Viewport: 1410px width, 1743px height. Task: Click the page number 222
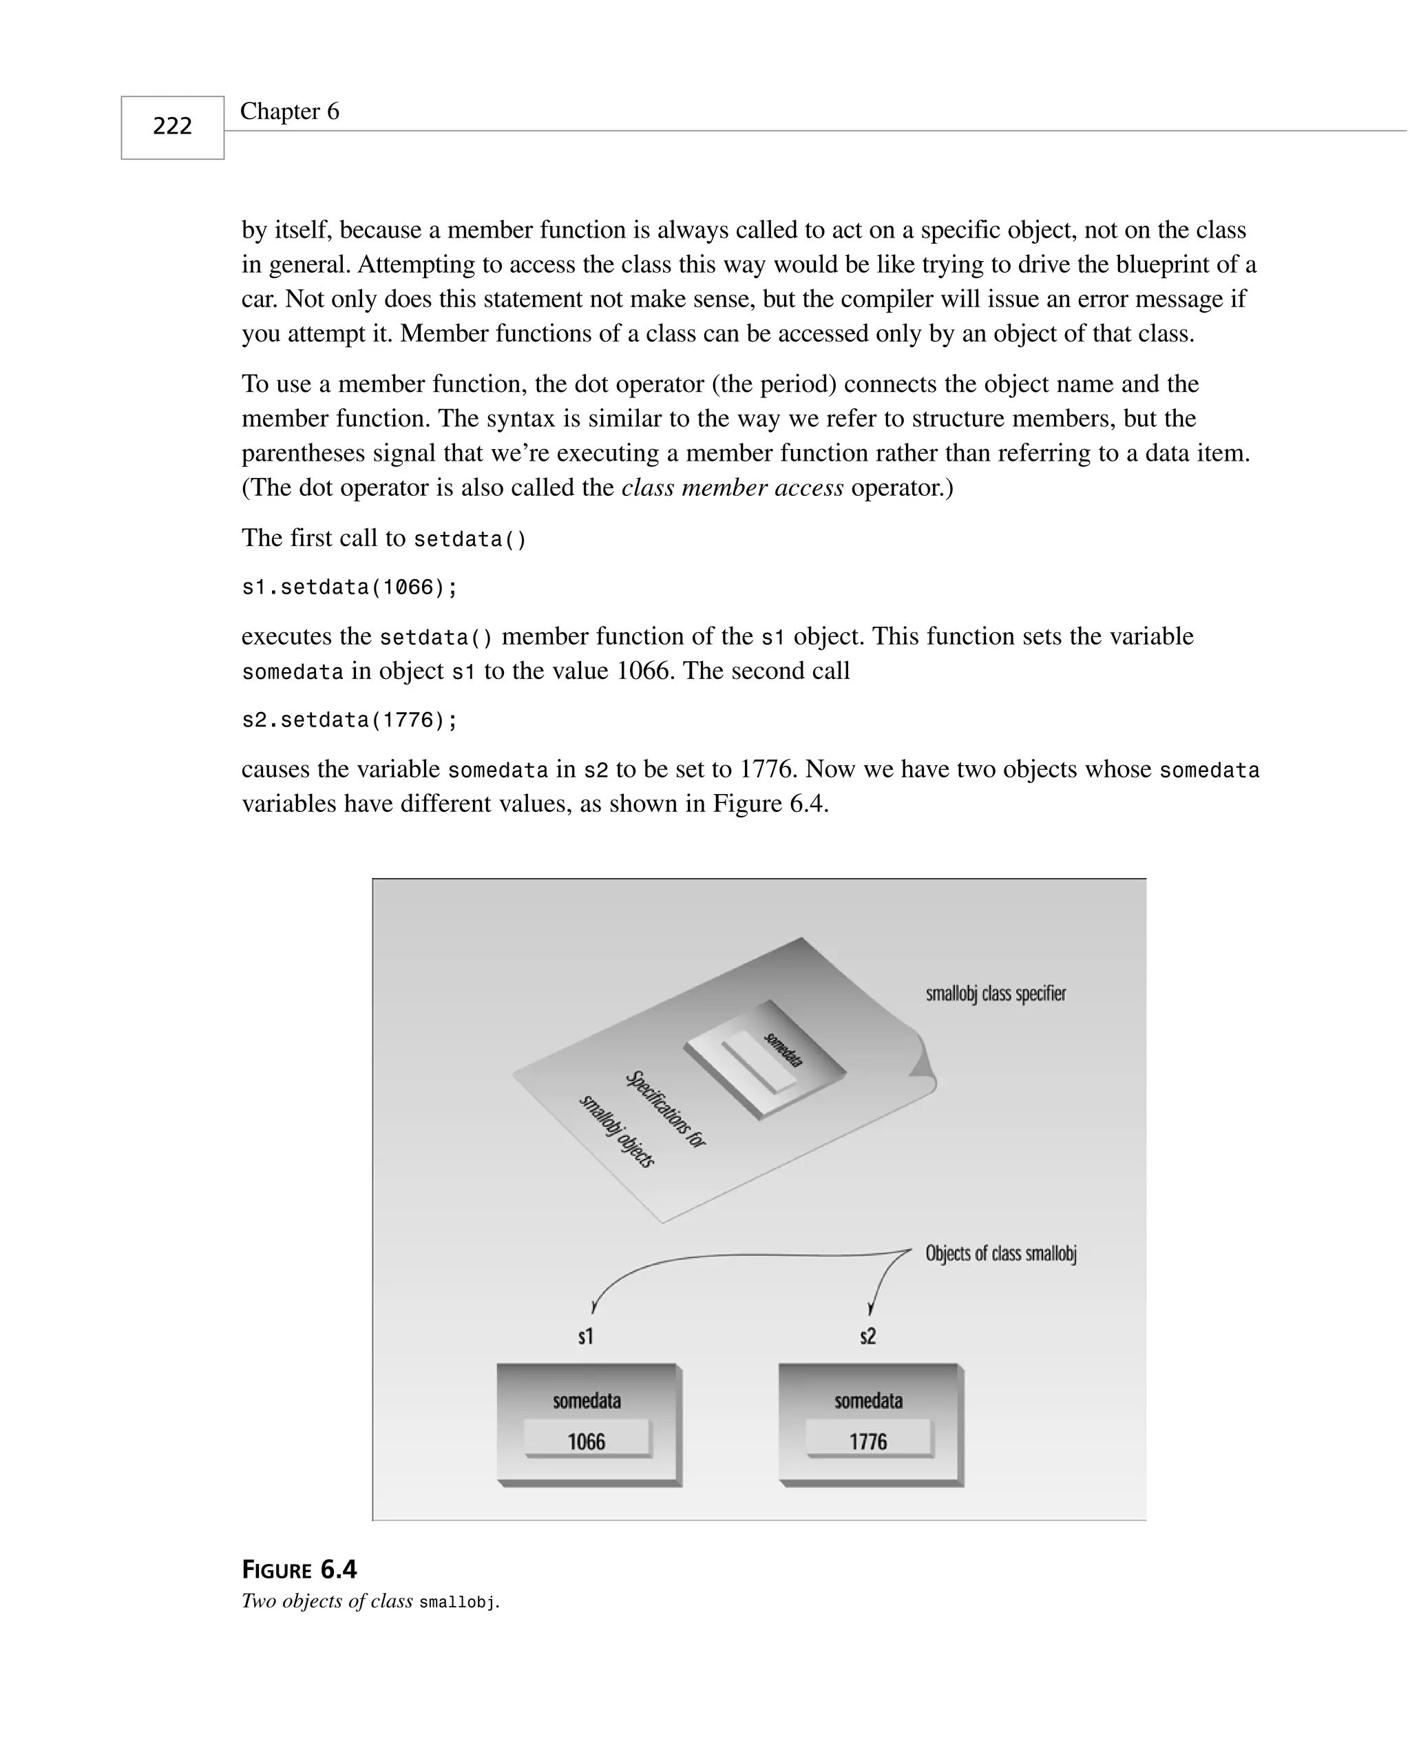pos(172,126)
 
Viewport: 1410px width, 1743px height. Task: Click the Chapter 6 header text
pos(289,112)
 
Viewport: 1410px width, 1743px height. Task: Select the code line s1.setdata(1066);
pos(349,587)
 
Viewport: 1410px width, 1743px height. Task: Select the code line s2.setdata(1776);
pos(349,720)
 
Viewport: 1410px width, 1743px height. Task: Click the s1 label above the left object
pos(586,1336)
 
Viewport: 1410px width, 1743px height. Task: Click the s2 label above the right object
pos(867,1336)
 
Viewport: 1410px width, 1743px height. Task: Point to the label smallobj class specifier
pos(996,993)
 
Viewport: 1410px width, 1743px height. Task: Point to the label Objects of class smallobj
pos(1000,1253)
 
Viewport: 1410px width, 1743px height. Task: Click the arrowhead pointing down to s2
pos(871,1308)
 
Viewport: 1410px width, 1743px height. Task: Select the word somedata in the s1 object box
pos(587,1401)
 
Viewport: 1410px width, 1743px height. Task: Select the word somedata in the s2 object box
pos(868,1401)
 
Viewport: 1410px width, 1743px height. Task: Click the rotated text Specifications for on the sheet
pos(666,1109)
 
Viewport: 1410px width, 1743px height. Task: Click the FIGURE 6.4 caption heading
pos(299,1569)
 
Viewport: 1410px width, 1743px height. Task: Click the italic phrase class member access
pos(732,488)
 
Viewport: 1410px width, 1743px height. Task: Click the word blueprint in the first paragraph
pos(1171,264)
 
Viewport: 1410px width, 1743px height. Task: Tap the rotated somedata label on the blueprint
pos(783,1050)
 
